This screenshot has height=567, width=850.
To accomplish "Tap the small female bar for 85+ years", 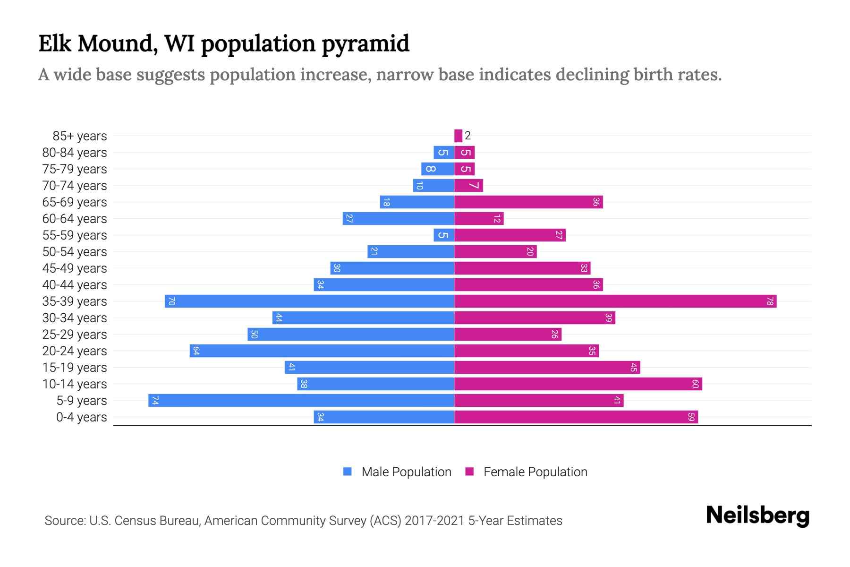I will [x=458, y=136].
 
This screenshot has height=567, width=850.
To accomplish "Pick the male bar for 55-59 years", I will [x=444, y=235].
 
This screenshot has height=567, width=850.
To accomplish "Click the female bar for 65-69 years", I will [x=528, y=202].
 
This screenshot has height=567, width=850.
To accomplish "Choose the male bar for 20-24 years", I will [x=322, y=351].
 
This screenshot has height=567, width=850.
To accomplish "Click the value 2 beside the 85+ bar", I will [x=467, y=136].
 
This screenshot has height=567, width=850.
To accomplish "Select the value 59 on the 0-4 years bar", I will [x=691, y=417].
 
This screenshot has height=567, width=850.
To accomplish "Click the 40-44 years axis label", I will [x=75, y=285].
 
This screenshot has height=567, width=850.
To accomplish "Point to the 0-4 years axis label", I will [x=81, y=417].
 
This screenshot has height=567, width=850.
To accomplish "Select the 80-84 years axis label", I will [x=75, y=153].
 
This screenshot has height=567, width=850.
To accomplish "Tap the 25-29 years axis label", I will [x=75, y=335].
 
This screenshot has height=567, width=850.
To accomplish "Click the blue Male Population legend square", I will [x=348, y=472].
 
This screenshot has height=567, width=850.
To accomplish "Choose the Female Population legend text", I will [x=535, y=472].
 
